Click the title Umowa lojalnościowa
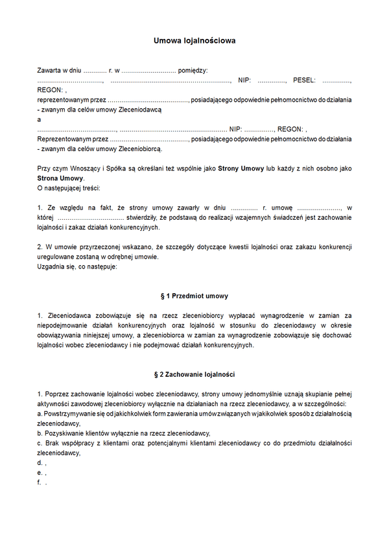click(x=194, y=40)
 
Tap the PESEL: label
click(x=304, y=80)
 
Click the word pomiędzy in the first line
click(x=193, y=70)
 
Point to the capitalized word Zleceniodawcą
click(x=139, y=110)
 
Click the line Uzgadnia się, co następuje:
click(x=77, y=267)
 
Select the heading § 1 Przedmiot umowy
click(x=194, y=296)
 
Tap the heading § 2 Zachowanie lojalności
click(x=194, y=375)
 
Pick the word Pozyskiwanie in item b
click(x=64, y=433)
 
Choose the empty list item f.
click(x=41, y=482)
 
